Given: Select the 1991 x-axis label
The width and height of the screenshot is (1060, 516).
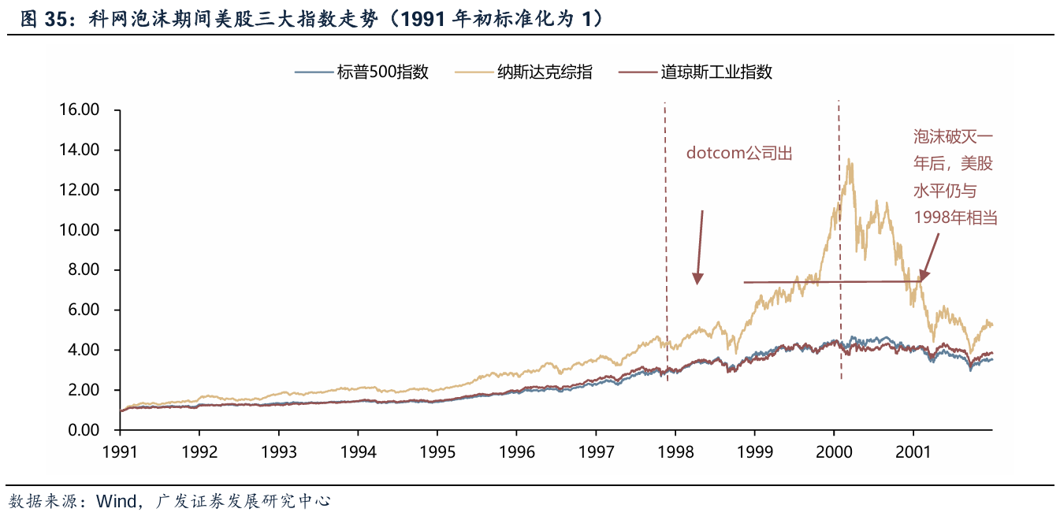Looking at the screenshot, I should click(x=120, y=453).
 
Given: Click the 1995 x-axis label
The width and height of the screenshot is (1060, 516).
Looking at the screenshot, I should click(x=437, y=453).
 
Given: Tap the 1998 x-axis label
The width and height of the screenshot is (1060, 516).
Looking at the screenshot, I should click(x=675, y=453).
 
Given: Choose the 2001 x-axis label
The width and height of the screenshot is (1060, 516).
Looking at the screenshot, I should click(x=913, y=453).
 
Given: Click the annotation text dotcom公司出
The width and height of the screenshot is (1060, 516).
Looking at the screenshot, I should click(x=738, y=153).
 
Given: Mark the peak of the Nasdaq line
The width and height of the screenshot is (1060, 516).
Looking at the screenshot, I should click(x=849, y=159).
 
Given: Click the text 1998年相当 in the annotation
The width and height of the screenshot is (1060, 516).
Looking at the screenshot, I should click(x=955, y=217).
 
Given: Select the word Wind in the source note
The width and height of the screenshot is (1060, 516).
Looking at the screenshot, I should click(x=114, y=501).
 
